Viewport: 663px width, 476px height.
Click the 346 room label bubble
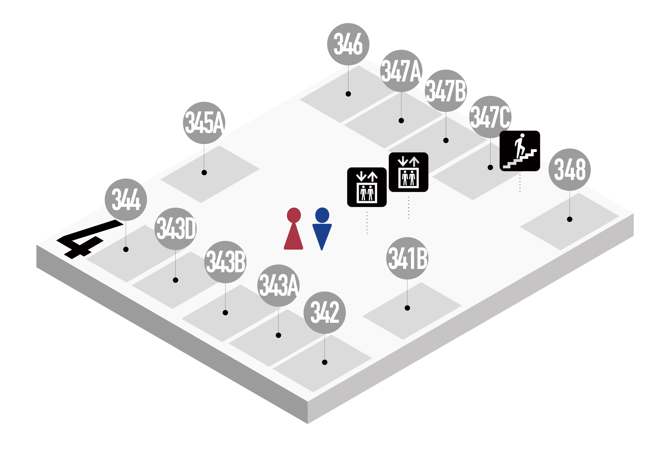tap(348, 44)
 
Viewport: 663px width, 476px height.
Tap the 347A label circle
tap(401, 71)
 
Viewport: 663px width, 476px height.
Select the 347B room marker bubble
tap(446, 91)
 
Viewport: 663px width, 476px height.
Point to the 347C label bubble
tap(490, 117)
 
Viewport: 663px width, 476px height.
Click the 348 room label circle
tap(569, 170)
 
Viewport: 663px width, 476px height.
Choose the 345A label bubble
tap(204, 123)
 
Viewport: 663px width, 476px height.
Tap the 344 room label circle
tap(126, 200)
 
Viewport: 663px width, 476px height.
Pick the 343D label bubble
tap(176, 228)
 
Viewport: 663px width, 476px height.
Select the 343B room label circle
tap(225, 262)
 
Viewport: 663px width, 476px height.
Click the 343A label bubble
tap(278, 285)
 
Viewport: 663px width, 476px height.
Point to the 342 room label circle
tap(325, 312)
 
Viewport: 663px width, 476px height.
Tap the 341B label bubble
tap(407, 258)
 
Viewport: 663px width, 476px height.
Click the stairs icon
tap(520, 151)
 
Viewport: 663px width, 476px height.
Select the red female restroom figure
tap(294, 228)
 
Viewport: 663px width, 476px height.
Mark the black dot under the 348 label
tap(569, 219)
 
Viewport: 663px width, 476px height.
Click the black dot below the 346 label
tap(348, 94)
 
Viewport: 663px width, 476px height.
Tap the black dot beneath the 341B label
tap(407, 308)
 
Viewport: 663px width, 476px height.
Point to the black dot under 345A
tap(204, 173)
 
